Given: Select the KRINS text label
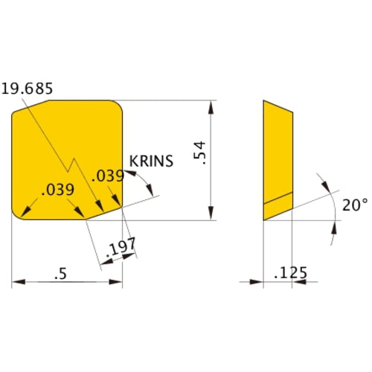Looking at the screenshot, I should [151, 160].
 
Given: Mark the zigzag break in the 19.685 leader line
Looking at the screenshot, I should [72, 163].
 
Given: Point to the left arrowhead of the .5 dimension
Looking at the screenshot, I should [17, 283].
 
